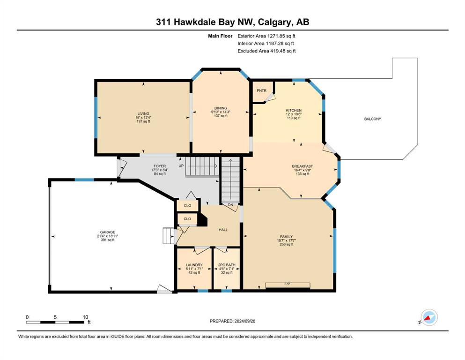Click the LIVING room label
pos(143,113)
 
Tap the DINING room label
pos(221,108)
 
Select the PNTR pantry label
pos(262,90)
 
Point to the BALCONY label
pos(372,119)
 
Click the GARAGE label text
pos(107,232)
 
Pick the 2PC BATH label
pos(227,265)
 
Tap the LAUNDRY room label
pos(194,265)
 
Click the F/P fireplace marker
pos(287,284)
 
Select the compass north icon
pos(429,317)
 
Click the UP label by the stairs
pos(181,166)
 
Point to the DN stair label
pos(230,205)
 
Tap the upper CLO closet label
pos(187,205)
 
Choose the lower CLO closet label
pos(187,219)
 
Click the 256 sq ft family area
pos(287,244)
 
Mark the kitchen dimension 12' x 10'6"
pos(294,114)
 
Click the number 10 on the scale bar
pos(86,317)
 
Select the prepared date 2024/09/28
pos(244,321)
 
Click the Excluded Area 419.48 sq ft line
pos(266,51)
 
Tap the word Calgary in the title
pos(273,22)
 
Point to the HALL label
pos(223,230)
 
